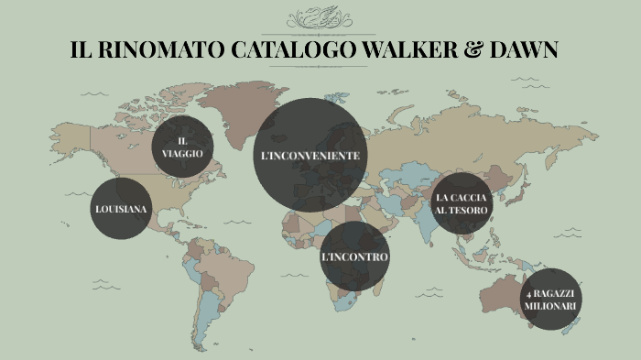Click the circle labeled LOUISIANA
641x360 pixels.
pos(121,210)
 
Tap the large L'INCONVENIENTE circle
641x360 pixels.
pos(310,156)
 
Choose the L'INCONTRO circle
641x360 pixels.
pos(354,257)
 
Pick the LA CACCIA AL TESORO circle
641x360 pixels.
pos(462,203)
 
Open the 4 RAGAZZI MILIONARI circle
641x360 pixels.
pos(549,299)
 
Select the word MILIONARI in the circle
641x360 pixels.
pos(549,305)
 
